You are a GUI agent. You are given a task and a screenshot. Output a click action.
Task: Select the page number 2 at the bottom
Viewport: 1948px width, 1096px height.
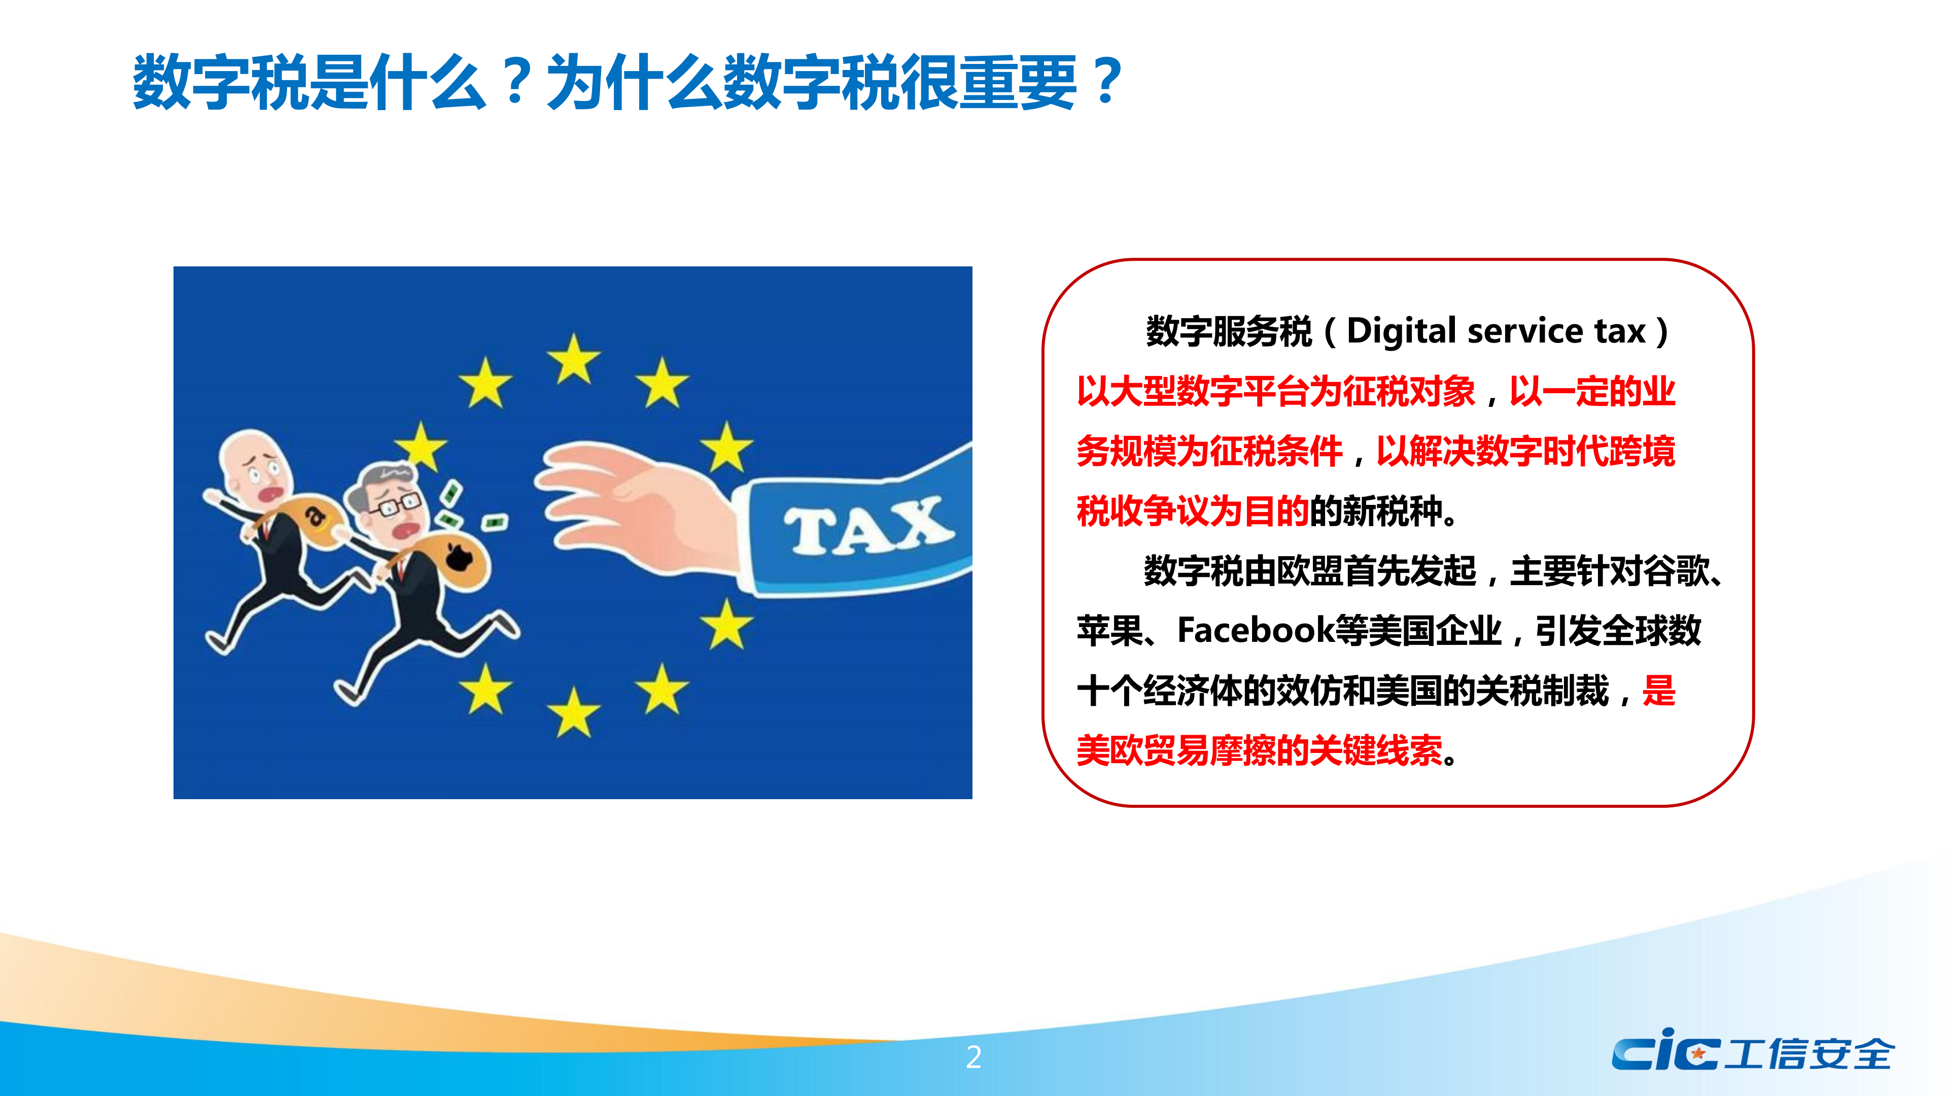pos(973,1056)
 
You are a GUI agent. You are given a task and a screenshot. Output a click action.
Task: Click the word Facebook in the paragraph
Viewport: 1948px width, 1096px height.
pos(1256,630)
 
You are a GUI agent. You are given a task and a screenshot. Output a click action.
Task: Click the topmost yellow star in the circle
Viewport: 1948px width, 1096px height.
pos(574,359)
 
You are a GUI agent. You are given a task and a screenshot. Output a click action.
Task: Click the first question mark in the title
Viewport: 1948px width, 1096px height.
pos(517,81)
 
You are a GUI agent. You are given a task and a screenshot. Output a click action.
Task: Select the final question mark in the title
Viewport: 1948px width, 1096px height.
pos(1106,81)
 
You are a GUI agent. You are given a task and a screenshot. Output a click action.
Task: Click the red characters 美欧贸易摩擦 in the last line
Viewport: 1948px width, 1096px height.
pos(1176,750)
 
